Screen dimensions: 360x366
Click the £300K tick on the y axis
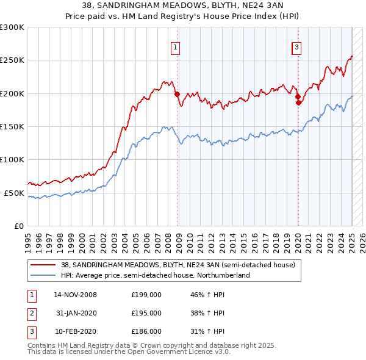coord(12,27)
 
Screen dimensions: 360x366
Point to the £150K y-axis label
coord(12,126)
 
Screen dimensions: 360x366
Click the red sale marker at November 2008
coord(177,95)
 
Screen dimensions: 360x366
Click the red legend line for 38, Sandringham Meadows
coord(43,265)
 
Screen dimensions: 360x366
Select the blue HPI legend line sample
coord(43,275)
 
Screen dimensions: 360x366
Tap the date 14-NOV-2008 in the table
coord(76,295)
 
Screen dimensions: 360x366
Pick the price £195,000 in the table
coord(146,313)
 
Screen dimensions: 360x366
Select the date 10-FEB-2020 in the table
coord(76,331)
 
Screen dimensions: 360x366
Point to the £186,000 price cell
coord(146,331)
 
